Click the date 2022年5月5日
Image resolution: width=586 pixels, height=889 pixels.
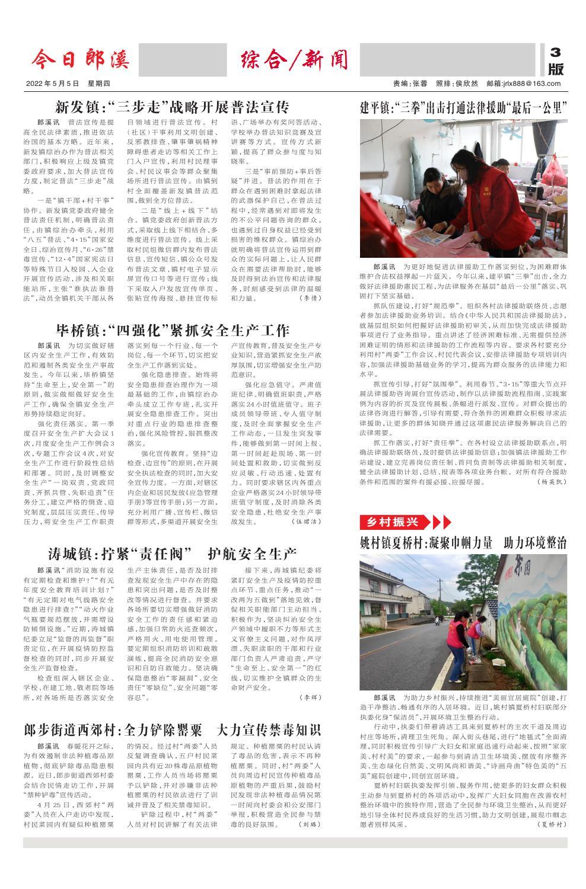pos(52,84)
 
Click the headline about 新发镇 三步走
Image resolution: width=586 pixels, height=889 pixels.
pos(172,107)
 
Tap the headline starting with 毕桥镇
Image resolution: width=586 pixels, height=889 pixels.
pos(172,330)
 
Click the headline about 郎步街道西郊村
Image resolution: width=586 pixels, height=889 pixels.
pos(172,729)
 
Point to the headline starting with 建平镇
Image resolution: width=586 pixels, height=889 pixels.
pos(463,108)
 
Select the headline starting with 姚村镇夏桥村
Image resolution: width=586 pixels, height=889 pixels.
pos(463,543)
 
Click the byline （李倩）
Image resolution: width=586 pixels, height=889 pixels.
pos(308,298)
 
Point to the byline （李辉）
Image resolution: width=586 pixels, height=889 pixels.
pos(308,697)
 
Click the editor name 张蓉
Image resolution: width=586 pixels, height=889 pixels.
pos(419,84)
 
